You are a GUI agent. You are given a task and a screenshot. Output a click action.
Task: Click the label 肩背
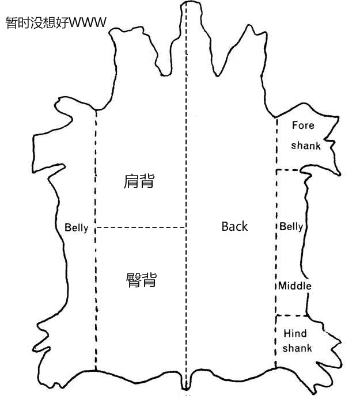pos(139,181)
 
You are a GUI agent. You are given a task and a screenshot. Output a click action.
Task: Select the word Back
pos(234,226)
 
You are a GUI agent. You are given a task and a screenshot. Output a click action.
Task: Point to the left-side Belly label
pos(77,228)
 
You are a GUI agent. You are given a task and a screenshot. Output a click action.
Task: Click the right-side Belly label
pos(291,226)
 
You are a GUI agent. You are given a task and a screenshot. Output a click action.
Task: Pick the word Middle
pos(295,286)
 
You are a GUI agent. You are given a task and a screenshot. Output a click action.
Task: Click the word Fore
pos(303,125)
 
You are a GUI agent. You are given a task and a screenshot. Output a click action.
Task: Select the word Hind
pos(295,333)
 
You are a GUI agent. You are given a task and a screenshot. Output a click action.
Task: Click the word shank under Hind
pos(297,348)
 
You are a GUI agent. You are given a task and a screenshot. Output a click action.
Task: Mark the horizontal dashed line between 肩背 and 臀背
pos(141,227)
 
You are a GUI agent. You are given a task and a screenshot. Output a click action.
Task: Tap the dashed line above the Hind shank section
pos(291,315)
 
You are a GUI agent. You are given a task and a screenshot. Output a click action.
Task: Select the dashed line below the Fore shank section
pos(288,170)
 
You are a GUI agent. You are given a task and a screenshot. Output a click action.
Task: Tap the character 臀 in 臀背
pos(133,280)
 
